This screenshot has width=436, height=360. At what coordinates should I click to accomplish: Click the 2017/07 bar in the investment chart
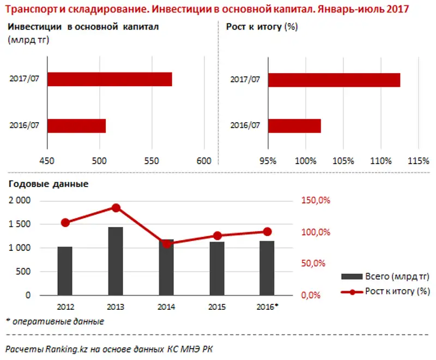(x=110, y=79)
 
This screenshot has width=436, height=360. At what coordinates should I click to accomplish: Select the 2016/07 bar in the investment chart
(x=76, y=125)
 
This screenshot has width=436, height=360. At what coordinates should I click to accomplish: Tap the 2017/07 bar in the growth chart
(x=334, y=79)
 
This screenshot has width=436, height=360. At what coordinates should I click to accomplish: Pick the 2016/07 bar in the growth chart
(x=294, y=125)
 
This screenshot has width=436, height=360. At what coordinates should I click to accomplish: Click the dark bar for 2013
(x=116, y=261)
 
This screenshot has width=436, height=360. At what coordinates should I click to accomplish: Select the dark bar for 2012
(x=65, y=271)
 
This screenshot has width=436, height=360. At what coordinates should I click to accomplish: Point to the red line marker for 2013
(x=116, y=208)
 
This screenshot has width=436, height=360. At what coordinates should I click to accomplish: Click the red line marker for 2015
(x=217, y=236)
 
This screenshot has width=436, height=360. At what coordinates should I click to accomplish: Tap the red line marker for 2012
(x=65, y=223)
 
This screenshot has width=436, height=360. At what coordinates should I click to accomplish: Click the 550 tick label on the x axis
(x=152, y=161)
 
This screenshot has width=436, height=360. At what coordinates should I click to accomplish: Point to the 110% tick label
(x=380, y=161)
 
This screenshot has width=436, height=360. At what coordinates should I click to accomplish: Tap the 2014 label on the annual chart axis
(x=166, y=305)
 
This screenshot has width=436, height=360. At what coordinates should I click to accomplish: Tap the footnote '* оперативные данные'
(x=55, y=321)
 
